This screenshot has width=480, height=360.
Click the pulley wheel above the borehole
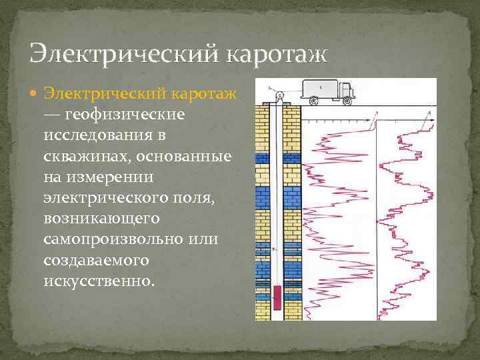click(280, 95)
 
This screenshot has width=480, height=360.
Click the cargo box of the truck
click(320, 88)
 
